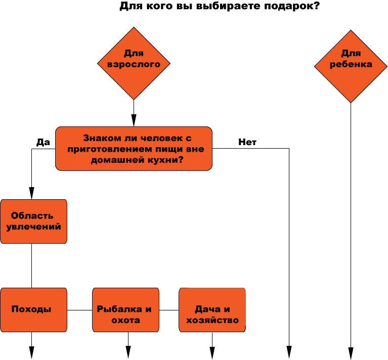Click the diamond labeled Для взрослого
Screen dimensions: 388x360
pos(134,63)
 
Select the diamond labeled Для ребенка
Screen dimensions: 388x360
pos(351,66)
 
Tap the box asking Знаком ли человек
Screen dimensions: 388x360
pos(134,149)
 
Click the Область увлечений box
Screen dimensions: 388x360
pos(34,221)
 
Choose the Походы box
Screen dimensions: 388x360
pos(34,310)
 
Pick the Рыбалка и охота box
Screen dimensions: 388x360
pos(125,310)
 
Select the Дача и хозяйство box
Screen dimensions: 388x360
pos(212,310)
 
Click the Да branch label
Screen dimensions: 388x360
pos(43,142)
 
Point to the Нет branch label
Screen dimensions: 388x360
pos(247,142)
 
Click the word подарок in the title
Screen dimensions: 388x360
pos(292,6)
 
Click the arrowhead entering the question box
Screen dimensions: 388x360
pos(134,120)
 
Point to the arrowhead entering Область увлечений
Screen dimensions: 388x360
pos(32,193)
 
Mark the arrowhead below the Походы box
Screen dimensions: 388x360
pos(32,352)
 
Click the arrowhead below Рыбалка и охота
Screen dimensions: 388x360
pos(128,352)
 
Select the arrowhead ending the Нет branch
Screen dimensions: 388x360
pos(289,352)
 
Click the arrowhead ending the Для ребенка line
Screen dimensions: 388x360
pos(351,353)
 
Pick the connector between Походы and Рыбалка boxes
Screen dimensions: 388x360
pos(80,310)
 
